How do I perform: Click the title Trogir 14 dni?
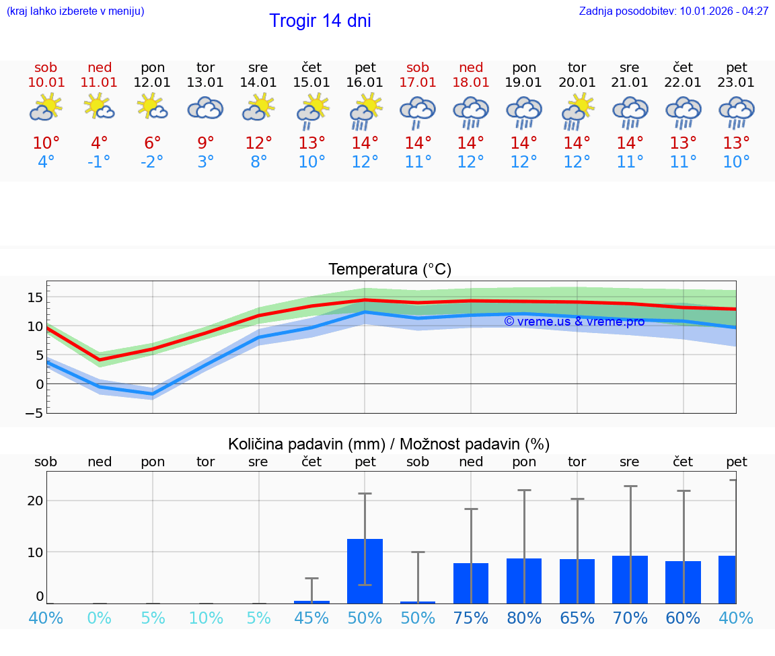point(320,21)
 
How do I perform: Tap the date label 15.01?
point(311,82)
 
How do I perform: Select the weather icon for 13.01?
point(205,108)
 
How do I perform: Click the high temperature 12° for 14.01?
point(258,143)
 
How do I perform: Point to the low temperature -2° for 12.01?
point(152,162)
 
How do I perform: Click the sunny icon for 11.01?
point(99,107)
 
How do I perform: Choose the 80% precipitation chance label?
point(524,618)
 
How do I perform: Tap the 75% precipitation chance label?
point(471,618)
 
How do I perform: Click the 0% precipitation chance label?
point(99,618)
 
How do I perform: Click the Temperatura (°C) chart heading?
point(390,269)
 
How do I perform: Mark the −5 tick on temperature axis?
point(34,413)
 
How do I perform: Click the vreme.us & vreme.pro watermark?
point(574,322)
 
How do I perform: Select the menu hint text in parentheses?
point(75,11)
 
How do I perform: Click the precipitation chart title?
point(389,444)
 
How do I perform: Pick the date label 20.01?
point(577,82)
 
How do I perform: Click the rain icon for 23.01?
point(736,112)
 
